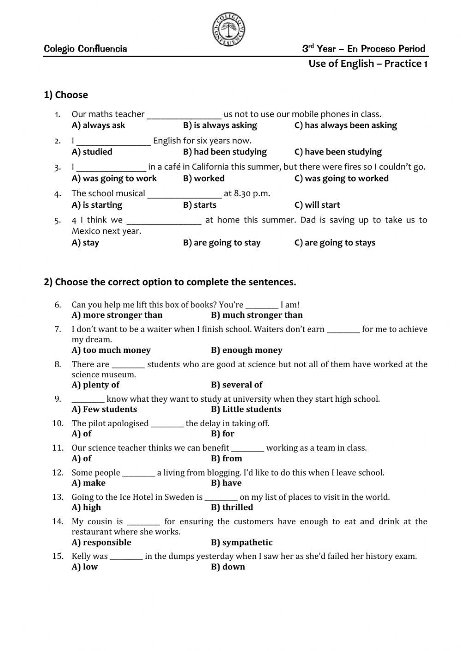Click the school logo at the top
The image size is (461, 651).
[x=229, y=29]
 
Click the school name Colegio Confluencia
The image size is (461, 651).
[x=85, y=49]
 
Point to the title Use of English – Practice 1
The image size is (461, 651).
[x=368, y=64]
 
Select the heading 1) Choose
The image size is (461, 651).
[x=66, y=95]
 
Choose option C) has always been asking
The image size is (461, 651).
[x=345, y=125]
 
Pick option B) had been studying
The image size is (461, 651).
[x=225, y=152]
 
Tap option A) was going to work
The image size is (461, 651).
[x=114, y=178]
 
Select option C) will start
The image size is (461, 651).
[x=317, y=205]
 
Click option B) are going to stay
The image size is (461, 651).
[x=222, y=243]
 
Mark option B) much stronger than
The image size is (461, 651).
[x=257, y=315]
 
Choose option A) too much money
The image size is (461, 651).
[x=111, y=350]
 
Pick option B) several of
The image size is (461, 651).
[x=236, y=385]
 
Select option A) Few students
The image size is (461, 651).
[x=104, y=409]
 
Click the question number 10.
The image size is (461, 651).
[x=58, y=423]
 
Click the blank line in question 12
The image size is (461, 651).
[x=139, y=473]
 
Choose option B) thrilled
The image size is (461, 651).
[x=232, y=507]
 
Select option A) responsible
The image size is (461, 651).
[x=101, y=542]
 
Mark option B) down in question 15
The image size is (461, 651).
[x=228, y=567]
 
